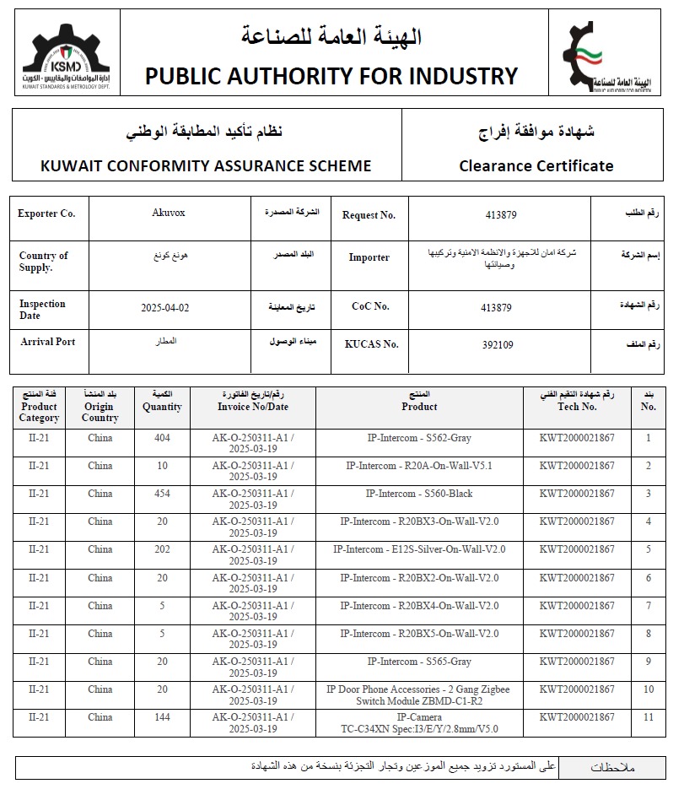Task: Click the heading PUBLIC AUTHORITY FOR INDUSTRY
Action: [x=331, y=76]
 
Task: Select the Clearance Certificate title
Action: [x=536, y=165]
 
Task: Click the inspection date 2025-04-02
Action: [x=165, y=308]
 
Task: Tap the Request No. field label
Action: [x=369, y=215]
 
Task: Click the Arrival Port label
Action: [x=47, y=342]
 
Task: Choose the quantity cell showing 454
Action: [x=162, y=494]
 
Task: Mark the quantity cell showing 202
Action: [x=162, y=549]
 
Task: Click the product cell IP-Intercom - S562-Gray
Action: [x=419, y=438]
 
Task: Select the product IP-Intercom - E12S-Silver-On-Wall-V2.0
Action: [x=419, y=549]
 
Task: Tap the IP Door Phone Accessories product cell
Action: [x=419, y=695]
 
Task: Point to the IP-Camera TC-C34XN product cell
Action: [x=419, y=723]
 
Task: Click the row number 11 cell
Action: [x=648, y=717]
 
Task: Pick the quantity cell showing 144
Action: [x=162, y=717]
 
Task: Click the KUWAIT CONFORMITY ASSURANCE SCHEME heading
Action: [x=206, y=165]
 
